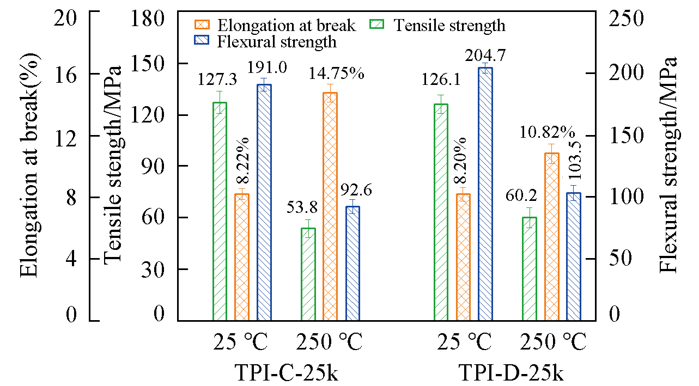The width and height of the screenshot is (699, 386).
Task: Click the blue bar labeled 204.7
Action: [485, 194]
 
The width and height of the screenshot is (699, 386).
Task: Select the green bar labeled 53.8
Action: [308, 274]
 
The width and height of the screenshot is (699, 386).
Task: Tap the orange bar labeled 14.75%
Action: [330, 206]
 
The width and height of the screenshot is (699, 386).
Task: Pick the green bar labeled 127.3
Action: [220, 211]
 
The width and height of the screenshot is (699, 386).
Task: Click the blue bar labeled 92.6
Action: [352, 263]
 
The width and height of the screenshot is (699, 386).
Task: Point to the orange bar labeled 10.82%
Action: [551, 236]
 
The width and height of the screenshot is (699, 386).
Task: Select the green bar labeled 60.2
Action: [529, 268]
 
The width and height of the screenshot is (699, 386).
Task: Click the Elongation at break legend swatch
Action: [203, 25]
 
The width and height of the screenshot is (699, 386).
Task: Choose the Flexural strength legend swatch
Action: [203, 41]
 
